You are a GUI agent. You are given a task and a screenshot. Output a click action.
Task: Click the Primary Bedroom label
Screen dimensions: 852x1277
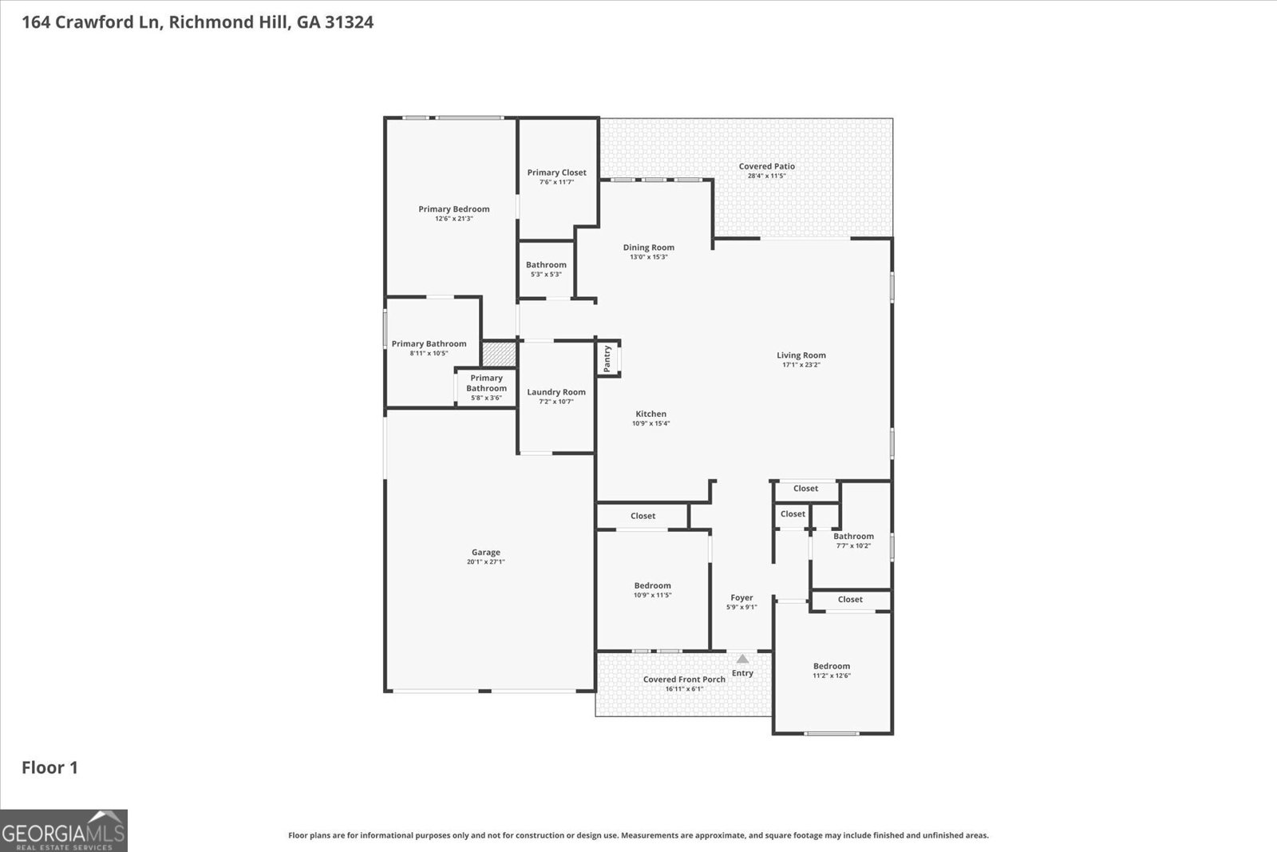pyautogui.click(x=454, y=209)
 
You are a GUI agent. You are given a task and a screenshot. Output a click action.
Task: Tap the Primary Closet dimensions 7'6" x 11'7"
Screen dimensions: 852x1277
pyautogui.click(x=556, y=182)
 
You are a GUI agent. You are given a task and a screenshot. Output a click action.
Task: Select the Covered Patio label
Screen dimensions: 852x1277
pyautogui.click(x=766, y=167)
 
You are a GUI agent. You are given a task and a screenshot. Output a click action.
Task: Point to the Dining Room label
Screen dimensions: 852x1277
pyautogui.click(x=648, y=248)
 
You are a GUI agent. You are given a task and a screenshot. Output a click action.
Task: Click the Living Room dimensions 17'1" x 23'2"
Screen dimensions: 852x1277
pyautogui.click(x=801, y=365)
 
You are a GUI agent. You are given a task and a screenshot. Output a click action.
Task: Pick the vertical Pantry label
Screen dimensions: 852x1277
pyautogui.click(x=607, y=359)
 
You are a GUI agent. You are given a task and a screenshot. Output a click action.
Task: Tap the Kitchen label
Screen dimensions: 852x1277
pyautogui.click(x=650, y=414)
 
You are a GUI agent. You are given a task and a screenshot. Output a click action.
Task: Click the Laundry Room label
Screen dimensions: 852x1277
pyautogui.click(x=555, y=392)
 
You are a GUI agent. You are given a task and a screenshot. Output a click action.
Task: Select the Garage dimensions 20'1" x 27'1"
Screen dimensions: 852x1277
pyautogui.click(x=485, y=562)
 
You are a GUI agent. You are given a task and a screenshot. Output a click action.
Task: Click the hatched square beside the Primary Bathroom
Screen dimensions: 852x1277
pyautogui.click(x=499, y=355)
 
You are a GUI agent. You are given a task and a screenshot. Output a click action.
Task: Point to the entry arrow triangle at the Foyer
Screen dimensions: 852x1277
pyautogui.click(x=742, y=659)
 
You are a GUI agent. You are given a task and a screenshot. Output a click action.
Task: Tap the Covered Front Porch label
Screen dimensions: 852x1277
pyautogui.click(x=684, y=680)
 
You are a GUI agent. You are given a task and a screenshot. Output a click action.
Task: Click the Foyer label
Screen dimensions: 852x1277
pyautogui.click(x=741, y=597)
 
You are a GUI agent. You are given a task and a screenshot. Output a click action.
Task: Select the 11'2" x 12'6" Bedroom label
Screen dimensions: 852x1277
pyautogui.click(x=832, y=666)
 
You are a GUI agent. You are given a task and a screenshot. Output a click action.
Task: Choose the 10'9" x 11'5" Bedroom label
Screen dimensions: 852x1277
pyautogui.click(x=652, y=585)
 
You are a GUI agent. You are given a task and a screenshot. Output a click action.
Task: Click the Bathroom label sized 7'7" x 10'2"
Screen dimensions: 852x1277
pyautogui.click(x=853, y=537)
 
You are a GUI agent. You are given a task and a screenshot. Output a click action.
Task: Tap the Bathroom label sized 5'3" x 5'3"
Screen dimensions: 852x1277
pyautogui.click(x=546, y=265)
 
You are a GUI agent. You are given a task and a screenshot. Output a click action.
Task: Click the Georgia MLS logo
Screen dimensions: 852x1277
pyautogui.click(x=63, y=830)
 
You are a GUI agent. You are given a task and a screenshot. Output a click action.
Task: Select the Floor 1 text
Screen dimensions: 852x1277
pyautogui.click(x=49, y=768)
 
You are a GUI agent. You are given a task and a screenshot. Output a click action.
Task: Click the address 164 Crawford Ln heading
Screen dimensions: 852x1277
pyautogui.click(x=197, y=22)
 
